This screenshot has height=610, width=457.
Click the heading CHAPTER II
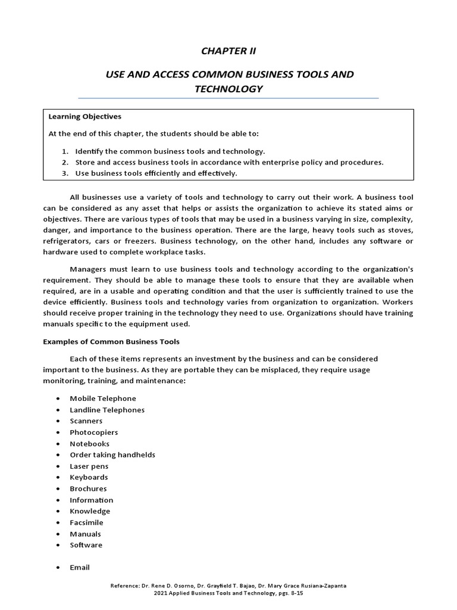(x=228, y=51)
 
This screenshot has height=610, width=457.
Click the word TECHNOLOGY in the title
(x=228, y=89)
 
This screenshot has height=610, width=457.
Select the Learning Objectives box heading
(x=84, y=116)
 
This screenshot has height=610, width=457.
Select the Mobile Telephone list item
(x=102, y=399)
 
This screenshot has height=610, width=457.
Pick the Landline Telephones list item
(x=107, y=410)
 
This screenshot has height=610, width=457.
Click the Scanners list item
(x=86, y=421)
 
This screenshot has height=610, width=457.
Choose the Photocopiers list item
(x=93, y=432)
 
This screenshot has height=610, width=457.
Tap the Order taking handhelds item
(x=112, y=455)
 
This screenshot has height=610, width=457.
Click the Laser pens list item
(x=89, y=466)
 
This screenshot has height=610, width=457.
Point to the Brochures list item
(x=88, y=488)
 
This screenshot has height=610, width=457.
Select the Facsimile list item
(x=87, y=522)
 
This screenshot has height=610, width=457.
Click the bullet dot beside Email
(x=57, y=568)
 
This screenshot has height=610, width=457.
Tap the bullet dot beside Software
(x=57, y=545)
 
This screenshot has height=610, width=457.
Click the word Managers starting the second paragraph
(x=87, y=268)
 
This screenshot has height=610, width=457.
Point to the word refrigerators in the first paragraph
(x=70, y=241)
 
